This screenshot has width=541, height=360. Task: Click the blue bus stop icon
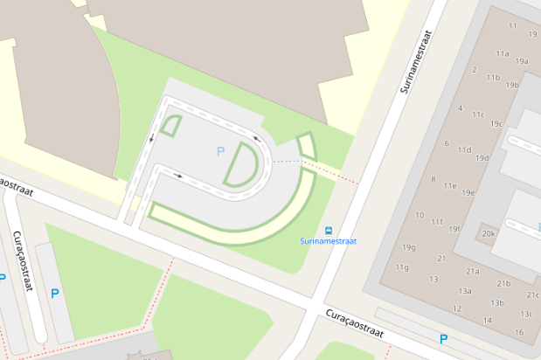point(329,231)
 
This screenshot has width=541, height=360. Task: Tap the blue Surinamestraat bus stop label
point(329,241)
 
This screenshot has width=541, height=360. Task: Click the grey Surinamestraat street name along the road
point(416,61)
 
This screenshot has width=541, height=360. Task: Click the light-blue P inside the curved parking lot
point(220,151)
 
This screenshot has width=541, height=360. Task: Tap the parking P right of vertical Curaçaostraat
point(55,294)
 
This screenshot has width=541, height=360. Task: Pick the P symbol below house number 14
point(444,339)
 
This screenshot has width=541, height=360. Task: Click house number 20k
point(489,234)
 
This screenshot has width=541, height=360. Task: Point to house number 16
point(519,332)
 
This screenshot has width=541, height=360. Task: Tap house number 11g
point(401,267)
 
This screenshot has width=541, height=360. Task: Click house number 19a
point(522,61)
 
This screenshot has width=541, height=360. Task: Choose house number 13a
point(465,291)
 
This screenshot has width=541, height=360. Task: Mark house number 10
point(420,215)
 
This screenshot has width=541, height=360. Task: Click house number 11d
point(464,149)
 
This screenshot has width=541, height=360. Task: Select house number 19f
point(454,229)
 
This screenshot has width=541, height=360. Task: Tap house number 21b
point(503,283)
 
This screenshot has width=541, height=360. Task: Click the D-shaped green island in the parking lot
point(243,164)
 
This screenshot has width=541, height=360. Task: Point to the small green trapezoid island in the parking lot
point(172,127)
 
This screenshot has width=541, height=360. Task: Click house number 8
point(433,179)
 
